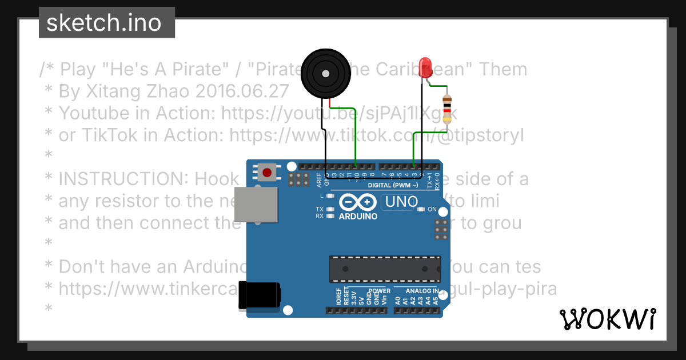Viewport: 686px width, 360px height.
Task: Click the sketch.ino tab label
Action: click(x=103, y=23)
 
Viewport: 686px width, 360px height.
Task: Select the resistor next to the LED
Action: click(x=447, y=110)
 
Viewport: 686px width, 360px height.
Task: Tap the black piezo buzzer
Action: click(x=324, y=73)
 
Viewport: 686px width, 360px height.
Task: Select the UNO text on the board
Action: click(x=401, y=202)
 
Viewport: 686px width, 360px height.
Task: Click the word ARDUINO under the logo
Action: click(x=357, y=217)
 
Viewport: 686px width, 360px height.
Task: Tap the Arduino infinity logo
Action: click(x=357, y=202)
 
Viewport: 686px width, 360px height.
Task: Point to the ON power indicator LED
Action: click(x=421, y=209)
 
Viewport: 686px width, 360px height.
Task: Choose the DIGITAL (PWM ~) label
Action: click(x=393, y=185)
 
